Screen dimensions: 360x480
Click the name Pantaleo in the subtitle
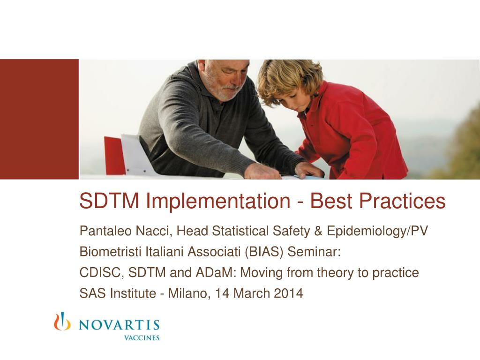click(x=100, y=231)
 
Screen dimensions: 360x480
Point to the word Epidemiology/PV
click(x=377, y=231)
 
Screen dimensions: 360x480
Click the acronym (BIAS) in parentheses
click(x=264, y=252)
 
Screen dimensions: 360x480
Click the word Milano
click(x=188, y=294)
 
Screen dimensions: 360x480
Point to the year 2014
click(x=288, y=294)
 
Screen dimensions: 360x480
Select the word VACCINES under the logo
click(x=141, y=337)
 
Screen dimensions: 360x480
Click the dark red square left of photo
click(x=39, y=119)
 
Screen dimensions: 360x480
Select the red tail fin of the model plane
click(x=114, y=155)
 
